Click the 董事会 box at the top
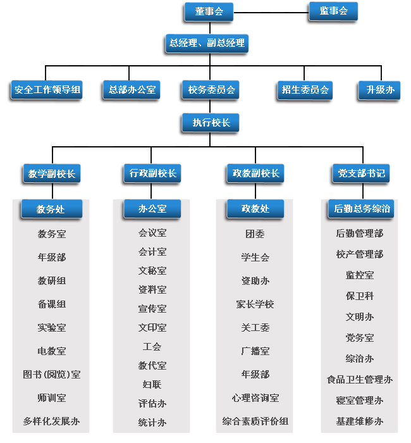pos(209,11)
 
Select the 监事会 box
pos(333,11)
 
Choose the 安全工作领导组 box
pos(47,90)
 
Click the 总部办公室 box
pos(132,90)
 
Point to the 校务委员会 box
pos(211,90)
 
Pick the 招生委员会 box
pos(305,90)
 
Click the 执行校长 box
pos(211,123)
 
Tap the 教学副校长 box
pos(52,173)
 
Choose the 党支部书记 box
pos(360,173)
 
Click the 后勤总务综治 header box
pos(362,208)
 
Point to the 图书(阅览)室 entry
pos(52,375)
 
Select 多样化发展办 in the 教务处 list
pos(52,421)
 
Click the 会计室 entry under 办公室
pos(152,252)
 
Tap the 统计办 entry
pos(152,422)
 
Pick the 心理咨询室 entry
pos(255,398)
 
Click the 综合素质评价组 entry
pos(255,421)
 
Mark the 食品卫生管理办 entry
pos(360,380)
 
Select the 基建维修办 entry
pos(360,421)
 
